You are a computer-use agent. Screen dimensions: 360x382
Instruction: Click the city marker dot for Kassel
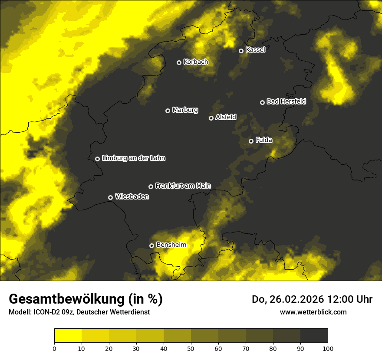(241, 51)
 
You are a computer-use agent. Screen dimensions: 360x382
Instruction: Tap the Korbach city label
(196, 62)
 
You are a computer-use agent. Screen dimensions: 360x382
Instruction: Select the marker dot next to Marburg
(168, 111)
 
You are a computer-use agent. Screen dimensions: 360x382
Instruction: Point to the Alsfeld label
(226, 117)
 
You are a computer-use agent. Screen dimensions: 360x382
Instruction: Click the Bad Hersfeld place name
(286, 101)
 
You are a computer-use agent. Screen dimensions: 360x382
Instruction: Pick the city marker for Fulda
(251, 141)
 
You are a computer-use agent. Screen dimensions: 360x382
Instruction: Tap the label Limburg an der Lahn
(133, 158)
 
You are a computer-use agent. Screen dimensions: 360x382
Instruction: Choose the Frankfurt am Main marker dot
(151, 187)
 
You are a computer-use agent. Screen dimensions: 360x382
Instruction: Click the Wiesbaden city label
(132, 196)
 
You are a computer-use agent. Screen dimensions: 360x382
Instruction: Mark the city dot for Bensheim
(151, 245)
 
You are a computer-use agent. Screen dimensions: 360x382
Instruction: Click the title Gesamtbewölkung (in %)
(86, 299)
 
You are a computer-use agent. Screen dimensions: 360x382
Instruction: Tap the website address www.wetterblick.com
(313, 312)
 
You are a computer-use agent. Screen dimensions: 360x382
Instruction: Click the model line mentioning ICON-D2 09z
(79, 312)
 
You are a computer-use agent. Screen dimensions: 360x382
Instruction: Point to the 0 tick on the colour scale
(54, 348)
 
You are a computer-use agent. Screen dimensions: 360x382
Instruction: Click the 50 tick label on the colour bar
(191, 348)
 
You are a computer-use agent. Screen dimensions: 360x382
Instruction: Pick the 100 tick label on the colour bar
(328, 348)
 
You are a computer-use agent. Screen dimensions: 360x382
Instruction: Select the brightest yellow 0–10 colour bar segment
(68, 336)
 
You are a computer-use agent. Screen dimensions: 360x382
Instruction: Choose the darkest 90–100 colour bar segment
(314, 336)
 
